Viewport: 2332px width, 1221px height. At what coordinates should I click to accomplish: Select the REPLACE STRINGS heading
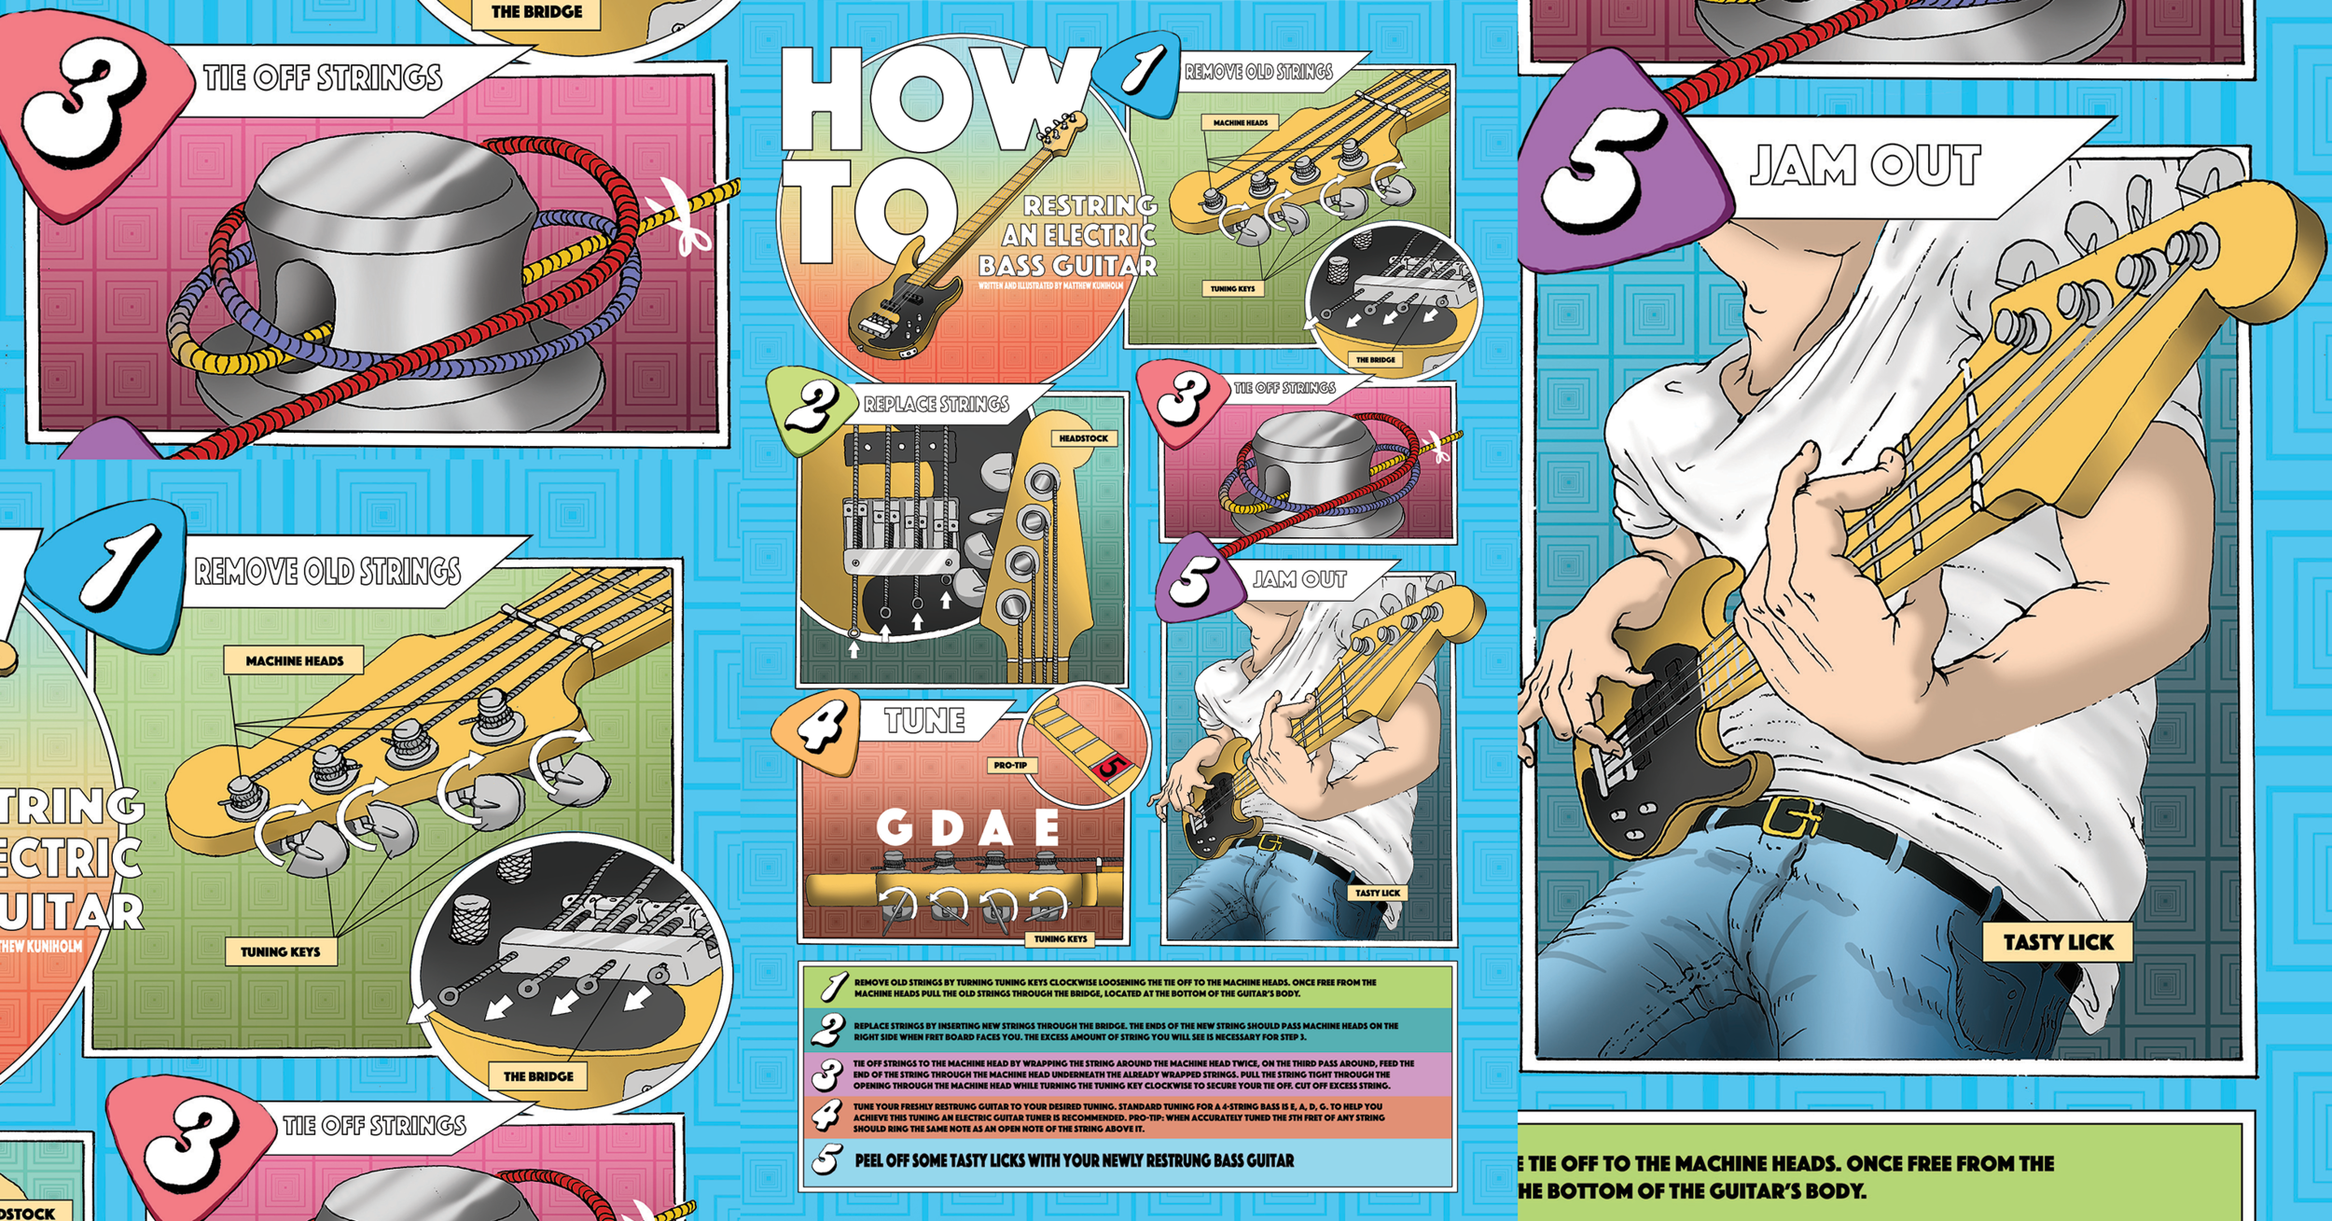(x=936, y=404)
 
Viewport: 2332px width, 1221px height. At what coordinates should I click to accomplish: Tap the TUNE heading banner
(x=924, y=721)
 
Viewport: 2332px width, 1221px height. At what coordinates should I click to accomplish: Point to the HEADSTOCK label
(x=1083, y=438)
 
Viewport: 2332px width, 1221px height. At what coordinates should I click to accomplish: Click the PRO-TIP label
(x=1009, y=765)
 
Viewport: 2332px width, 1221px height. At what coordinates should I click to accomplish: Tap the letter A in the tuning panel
(x=996, y=827)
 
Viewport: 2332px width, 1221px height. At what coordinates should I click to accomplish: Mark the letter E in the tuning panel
(x=1047, y=827)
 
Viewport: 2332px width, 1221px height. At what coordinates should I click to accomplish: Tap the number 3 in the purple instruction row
(x=826, y=1075)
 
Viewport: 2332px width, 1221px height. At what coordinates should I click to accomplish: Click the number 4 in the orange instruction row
(x=826, y=1117)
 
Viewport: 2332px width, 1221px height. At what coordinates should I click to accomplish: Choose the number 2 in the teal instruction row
(x=826, y=1031)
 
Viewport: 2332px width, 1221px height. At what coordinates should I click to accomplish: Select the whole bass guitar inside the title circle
(x=961, y=243)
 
